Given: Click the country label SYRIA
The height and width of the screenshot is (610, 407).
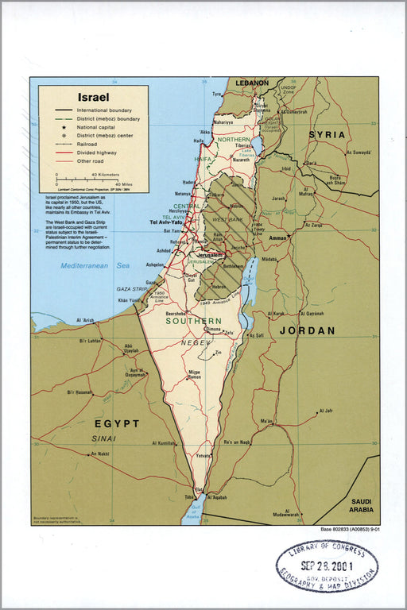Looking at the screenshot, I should (x=327, y=135).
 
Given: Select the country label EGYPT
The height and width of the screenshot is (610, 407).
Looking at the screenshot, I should (x=117, y=423).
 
